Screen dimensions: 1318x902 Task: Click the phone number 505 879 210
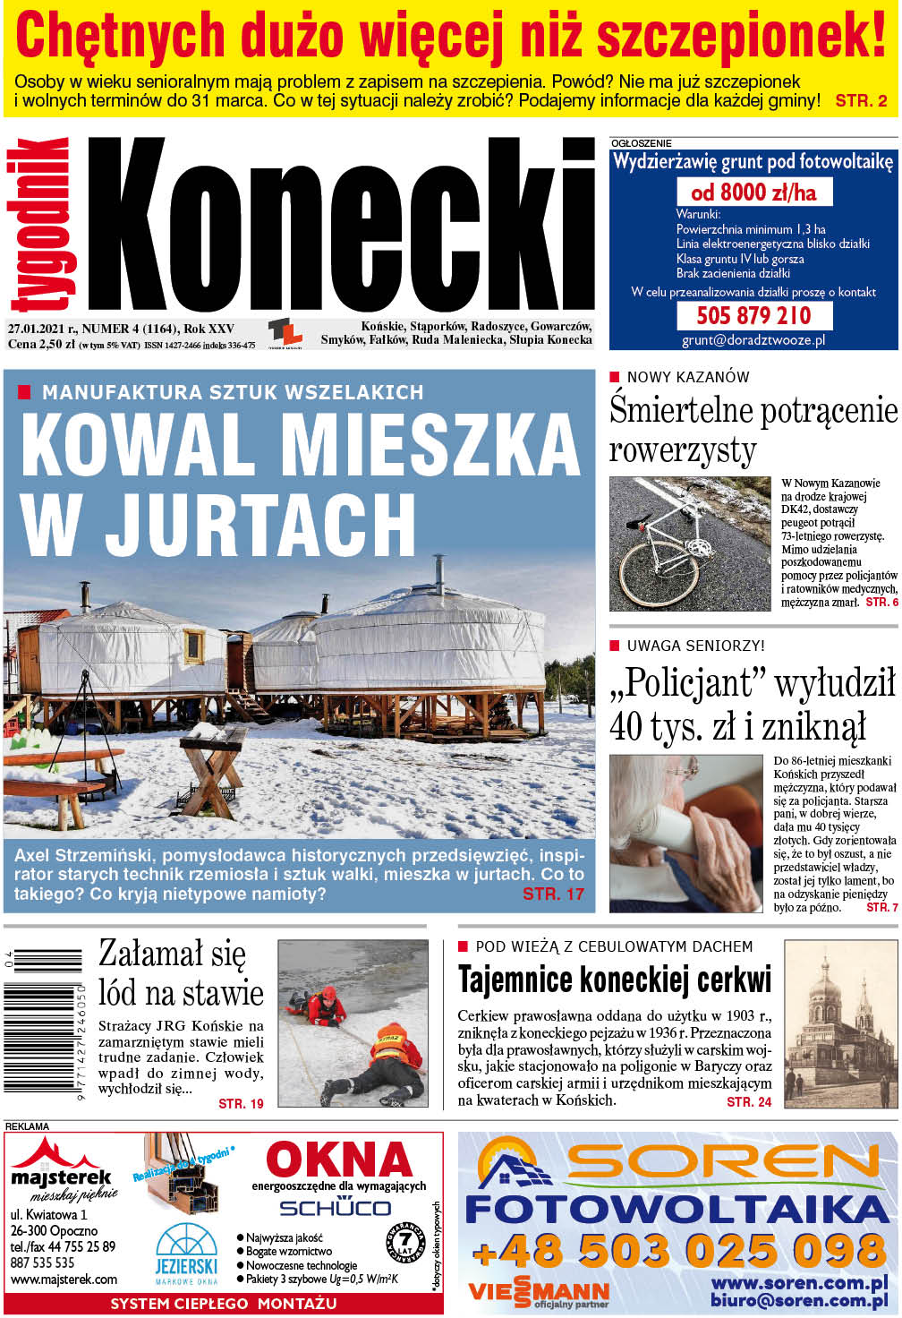[x=753, y=316]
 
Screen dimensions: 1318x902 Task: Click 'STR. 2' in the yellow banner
[x=861, y=101]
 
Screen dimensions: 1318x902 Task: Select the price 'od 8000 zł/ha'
[x=753, y=192]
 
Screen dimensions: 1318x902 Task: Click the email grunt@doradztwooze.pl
[x=753, y=340]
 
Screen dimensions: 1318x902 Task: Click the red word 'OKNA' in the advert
[x=339, y=1160]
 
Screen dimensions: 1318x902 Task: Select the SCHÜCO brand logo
[x=335, y=1208]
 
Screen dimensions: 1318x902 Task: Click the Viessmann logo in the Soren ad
[x=539, y=1292]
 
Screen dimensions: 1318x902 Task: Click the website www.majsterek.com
[x=64, y=1279]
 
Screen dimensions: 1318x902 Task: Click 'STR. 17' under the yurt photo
[x=553, y=894]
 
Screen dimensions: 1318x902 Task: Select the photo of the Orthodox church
[x=840, y=1023]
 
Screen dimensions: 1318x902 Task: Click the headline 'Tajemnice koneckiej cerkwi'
[x=614, y=980]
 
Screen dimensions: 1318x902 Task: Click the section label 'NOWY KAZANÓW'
[x=687, y=377]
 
